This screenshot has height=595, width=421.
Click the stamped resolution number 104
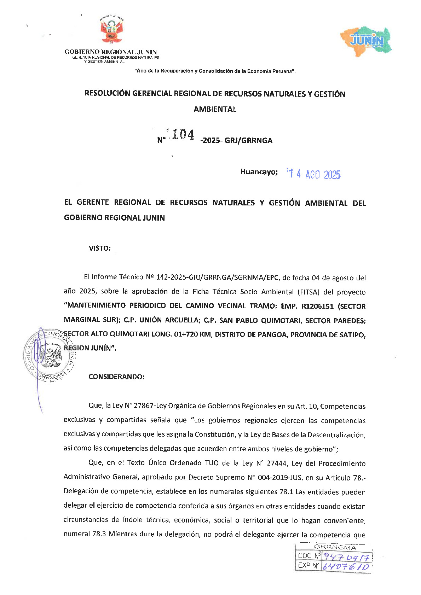(x=183, y=135)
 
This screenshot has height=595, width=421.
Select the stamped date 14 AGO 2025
(x=314, y=174)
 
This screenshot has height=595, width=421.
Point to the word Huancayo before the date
(x=259, y=172)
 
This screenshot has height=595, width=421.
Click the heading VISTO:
(x=99, y=248)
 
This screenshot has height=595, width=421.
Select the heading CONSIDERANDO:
(x=116, y=377)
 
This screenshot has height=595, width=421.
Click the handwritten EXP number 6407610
(x=346, y=567)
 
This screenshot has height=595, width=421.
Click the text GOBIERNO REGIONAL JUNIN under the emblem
(x=110, y=52)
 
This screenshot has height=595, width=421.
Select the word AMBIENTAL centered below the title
(x=215, y=109)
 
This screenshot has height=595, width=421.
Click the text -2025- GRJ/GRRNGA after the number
(x=236, y=140)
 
